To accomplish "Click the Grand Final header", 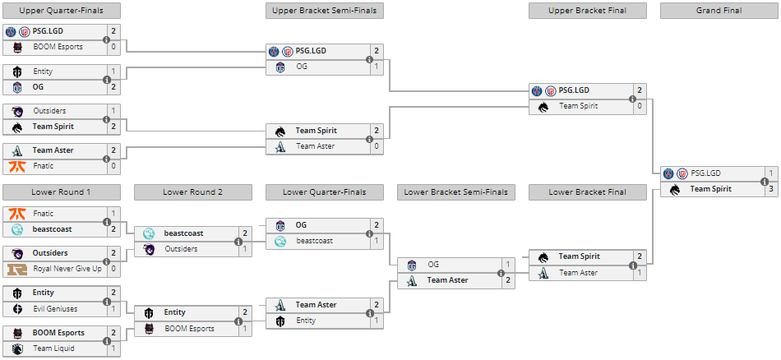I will (x=719, y=11).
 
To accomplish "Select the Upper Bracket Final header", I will (x=587, y=11).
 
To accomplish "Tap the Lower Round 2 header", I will (x=192, y=192).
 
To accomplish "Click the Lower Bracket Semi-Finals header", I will (x=455, y=192).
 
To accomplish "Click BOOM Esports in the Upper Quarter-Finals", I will (x=58, y=47).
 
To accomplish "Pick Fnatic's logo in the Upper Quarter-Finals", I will (x=17, y=166).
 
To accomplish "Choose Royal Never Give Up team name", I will (x=67, y=269).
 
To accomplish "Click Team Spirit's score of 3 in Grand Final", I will (x=770, y=189).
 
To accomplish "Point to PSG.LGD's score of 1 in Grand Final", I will (x=770, y=173).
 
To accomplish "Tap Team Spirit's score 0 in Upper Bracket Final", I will (x=639, y=106).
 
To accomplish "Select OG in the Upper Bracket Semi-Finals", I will (x=302, y=67).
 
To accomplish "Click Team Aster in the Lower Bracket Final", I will (x=579, y=273).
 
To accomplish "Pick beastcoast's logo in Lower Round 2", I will (x=149, y=233).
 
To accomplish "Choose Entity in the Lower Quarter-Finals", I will (x=306, y=321).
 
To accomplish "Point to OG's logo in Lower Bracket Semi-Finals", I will (x=412, y=265).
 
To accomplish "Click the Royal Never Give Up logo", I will (x=17, y=269).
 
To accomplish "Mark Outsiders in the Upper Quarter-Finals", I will (x=49, y=111).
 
